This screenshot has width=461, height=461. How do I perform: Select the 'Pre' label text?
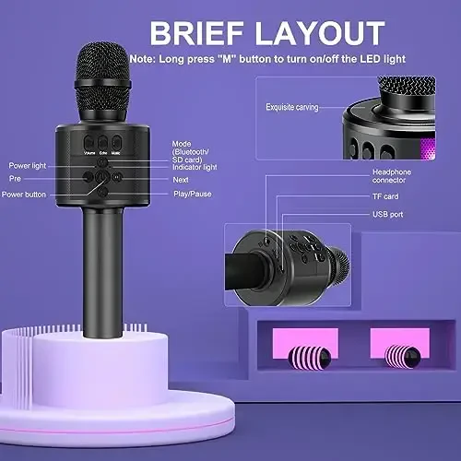[x=15, y=178]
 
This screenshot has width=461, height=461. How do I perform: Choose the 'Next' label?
[x=181, y=179]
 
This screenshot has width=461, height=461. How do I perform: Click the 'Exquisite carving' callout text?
[x=292, y=108]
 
